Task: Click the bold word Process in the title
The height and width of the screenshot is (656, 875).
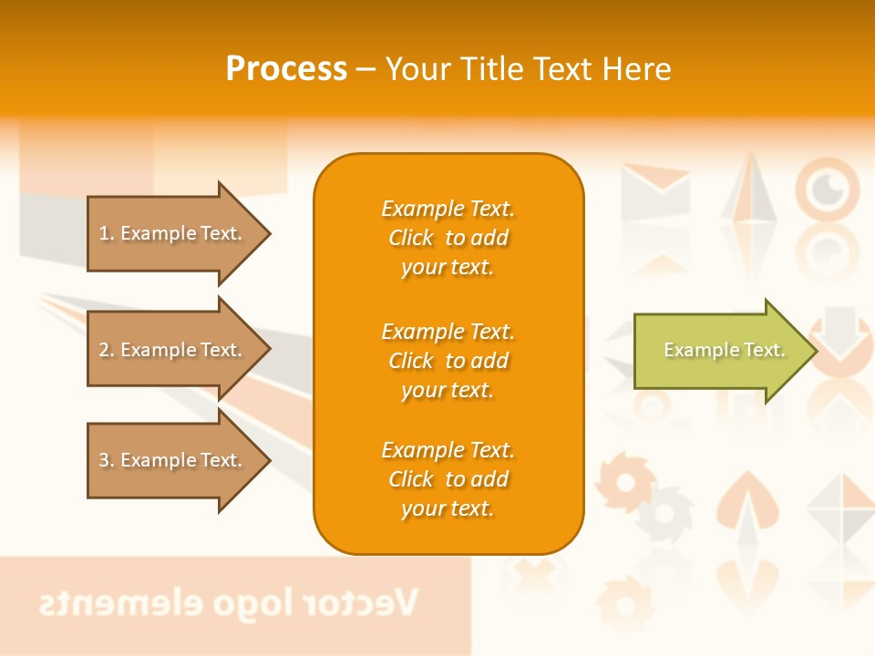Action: [x=286, y=69]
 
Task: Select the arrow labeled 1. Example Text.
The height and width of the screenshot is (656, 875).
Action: [x=173, y=233]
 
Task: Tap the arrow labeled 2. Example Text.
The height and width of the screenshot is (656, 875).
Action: [x=173, y=350]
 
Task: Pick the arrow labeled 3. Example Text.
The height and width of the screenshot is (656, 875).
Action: [x=173, y=460]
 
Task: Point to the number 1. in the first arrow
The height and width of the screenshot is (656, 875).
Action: [x=107, y=233]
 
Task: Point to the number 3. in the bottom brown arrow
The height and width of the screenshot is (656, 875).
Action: [x=107, y=460]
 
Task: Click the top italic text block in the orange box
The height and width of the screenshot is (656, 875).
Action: [x=448, y=238]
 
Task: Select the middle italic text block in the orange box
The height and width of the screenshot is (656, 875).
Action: [x=448, y=361]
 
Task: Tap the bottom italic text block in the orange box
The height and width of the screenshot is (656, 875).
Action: [x=448, y=479]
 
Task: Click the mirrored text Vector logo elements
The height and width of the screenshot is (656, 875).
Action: [x=228, y=603]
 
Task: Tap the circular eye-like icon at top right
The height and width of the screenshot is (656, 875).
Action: [x=827, y=189]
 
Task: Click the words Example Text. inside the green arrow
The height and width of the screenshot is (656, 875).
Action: [x=724, y=350]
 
